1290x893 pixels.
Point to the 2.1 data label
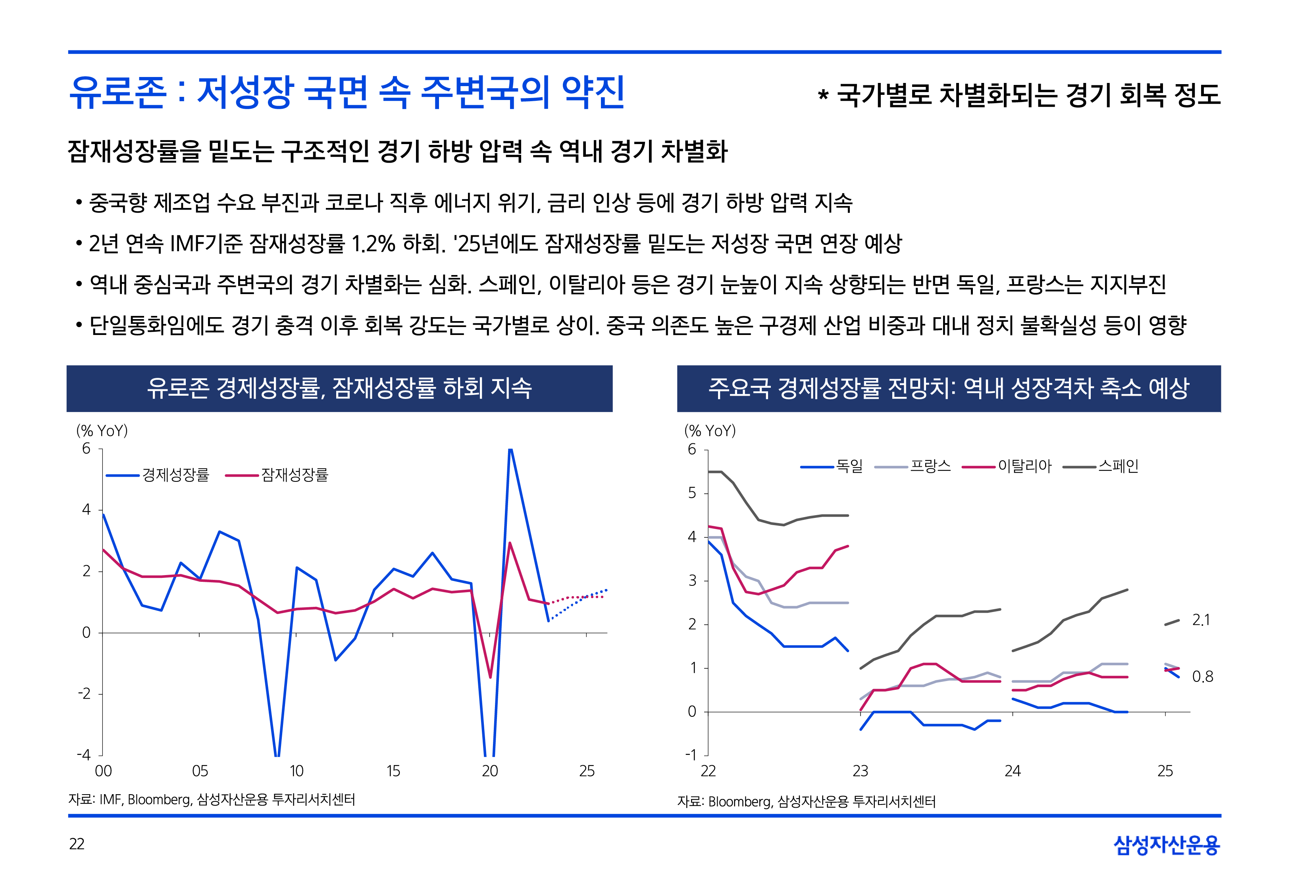point(1201,620)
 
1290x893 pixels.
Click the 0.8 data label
point(1202,677)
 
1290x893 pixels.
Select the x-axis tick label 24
point(1013,772)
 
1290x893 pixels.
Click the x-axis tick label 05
point(200,772)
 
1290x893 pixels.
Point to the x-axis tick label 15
point(393,772)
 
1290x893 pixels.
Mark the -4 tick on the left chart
point(84,755)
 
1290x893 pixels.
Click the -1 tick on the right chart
point(691,755)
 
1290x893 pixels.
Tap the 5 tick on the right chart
point(693,493)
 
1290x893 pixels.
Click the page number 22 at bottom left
point(77,844)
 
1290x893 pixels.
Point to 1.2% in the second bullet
point(373,243)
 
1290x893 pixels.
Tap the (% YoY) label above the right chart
point(710,431)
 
